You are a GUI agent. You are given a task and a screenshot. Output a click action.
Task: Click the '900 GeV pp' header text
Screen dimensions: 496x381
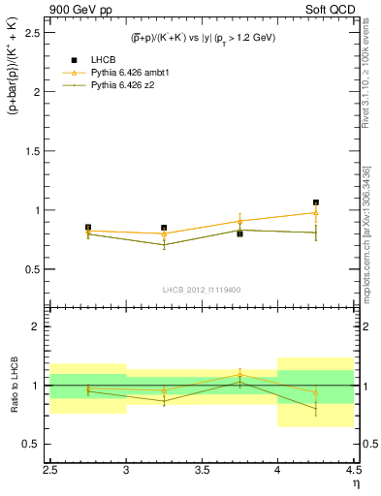[79, 9]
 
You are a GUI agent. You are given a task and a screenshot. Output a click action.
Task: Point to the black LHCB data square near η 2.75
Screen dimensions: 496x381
[88, 227]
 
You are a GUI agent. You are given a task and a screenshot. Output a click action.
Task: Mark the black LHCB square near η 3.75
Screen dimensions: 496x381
[240, 233]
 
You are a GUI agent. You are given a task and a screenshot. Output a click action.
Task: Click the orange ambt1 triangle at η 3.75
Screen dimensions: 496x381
[240, 221]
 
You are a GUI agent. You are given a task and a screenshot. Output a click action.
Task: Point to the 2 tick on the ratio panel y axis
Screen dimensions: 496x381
[44, 326]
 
